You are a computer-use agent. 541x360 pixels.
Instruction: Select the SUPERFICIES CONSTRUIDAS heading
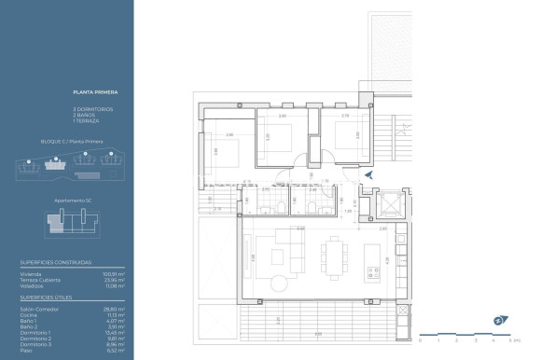(x=56, y=263)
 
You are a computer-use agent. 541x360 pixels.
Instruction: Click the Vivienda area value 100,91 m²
(x=115, y=274)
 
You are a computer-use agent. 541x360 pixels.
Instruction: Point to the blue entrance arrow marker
(x=369, y=174)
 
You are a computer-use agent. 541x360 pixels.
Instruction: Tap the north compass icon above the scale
(x=499, y=322)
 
